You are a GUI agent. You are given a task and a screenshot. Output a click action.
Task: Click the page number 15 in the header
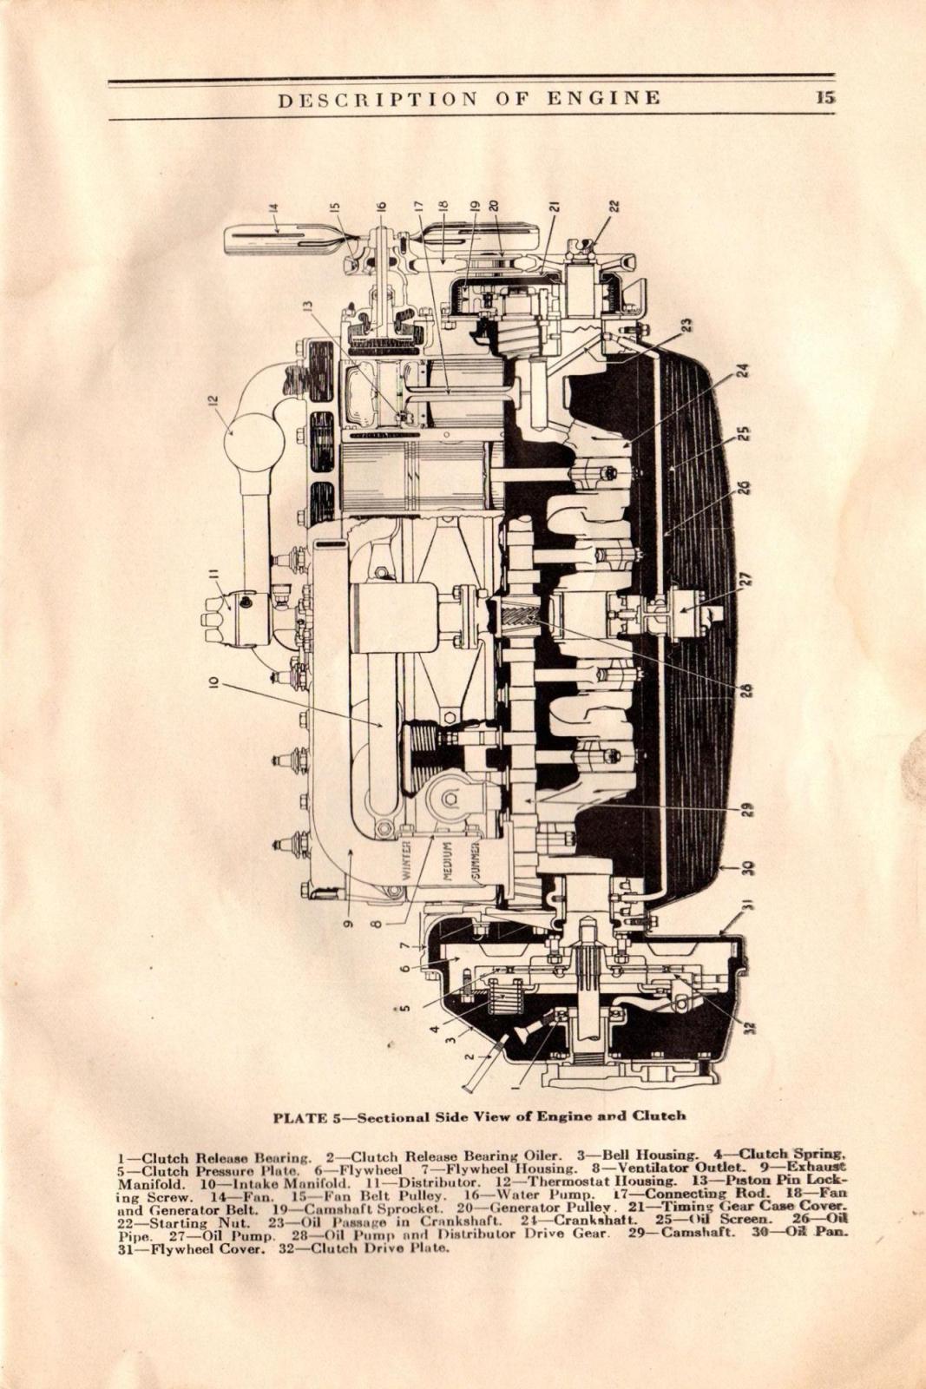824,97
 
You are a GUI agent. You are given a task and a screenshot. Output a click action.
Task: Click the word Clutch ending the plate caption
659,1116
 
